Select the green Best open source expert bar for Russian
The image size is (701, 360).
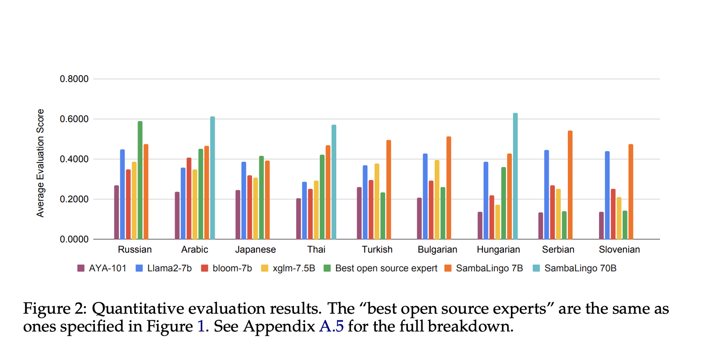140,180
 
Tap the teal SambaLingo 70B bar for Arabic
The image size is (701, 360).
212,178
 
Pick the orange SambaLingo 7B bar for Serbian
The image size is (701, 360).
570,185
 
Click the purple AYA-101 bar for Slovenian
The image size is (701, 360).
601,226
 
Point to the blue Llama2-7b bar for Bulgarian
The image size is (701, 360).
425,196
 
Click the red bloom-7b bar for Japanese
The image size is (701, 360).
250,207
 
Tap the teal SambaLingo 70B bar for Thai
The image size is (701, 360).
334,182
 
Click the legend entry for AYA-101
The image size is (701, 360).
102,268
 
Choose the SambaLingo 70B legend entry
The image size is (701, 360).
575,268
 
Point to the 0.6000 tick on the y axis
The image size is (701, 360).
74,119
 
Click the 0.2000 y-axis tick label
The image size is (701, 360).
74,199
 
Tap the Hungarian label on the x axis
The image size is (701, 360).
498,250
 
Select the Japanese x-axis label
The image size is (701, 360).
256,250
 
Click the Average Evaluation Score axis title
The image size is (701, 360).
41,163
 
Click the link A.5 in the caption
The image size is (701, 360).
331,327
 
